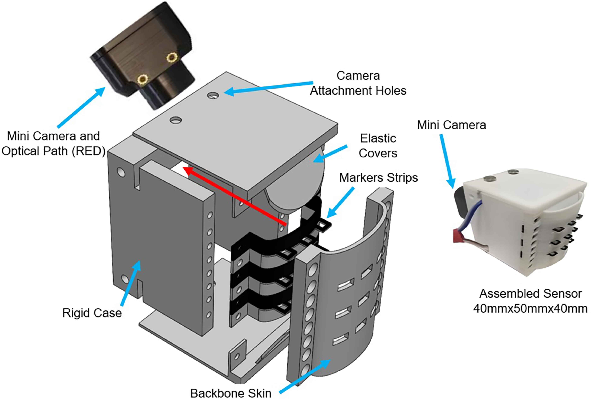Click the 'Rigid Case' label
[92, 313]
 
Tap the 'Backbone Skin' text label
[231, 393]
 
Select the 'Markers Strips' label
[379, 177]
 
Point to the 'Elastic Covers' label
[378, 146]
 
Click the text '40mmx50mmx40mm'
[530, 309]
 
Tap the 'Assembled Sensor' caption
[530, 294]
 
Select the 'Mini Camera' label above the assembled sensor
[451, 125]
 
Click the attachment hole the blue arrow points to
[213, 96]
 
